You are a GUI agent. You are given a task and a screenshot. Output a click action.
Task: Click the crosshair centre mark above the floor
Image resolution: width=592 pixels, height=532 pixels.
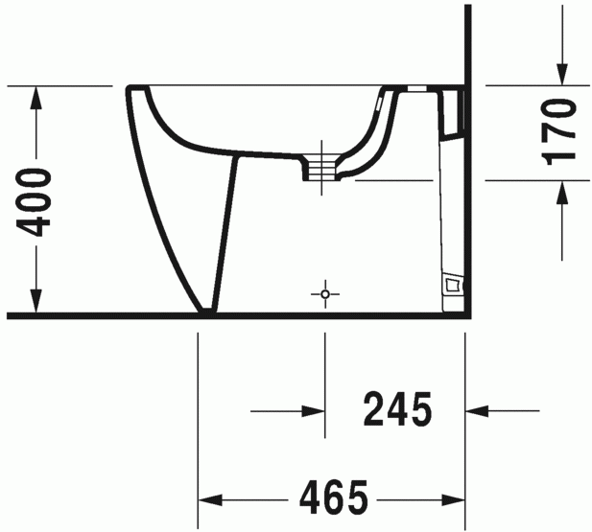click(325, 292)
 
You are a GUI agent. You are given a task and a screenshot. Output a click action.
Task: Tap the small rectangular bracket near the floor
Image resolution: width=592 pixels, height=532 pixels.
click(453, 285)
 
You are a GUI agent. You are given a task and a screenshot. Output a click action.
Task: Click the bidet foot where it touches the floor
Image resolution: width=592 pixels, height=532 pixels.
click(206, 310)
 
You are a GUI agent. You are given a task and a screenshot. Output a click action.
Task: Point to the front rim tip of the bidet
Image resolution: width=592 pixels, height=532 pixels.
click(129, 90)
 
